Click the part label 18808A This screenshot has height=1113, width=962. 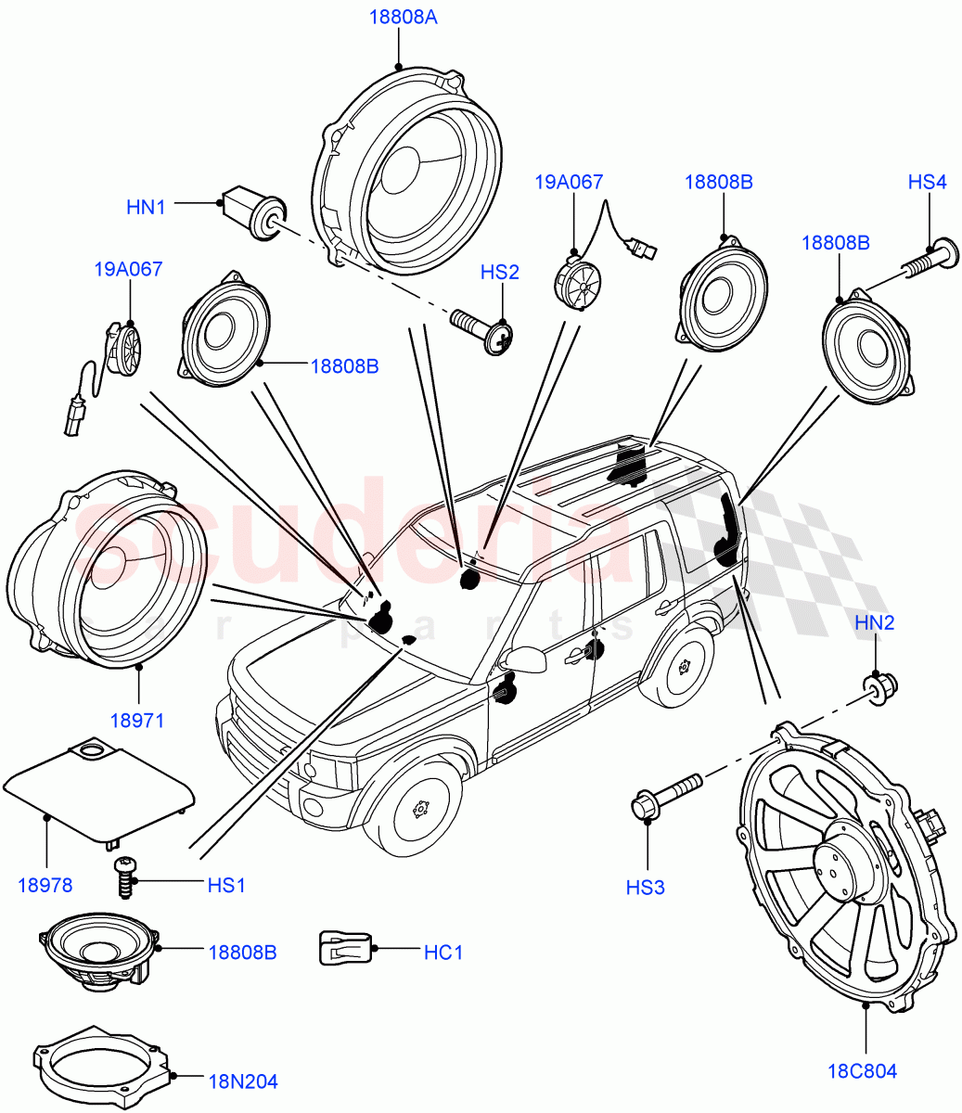(x=398, y=17)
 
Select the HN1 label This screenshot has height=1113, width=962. (x=146, y=207)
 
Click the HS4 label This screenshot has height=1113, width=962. (x=927, y=183)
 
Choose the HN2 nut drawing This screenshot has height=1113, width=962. (x=879, y=686)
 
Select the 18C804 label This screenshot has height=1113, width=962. (x=863, y=1071)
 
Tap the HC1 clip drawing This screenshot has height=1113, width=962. (x=345, y=948)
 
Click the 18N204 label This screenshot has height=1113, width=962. (x=243, y=1081)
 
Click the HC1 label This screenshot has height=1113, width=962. (x=443, y=952)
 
